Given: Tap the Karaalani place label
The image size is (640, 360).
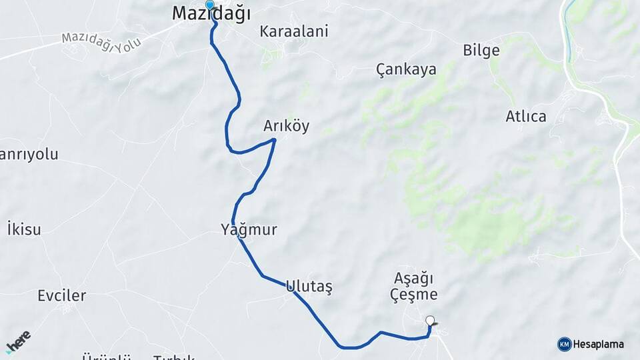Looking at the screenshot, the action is click(x=294, y=31).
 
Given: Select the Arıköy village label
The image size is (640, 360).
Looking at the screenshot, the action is click(x=287, y=127).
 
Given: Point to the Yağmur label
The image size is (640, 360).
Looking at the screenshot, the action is click(x=249, y=230).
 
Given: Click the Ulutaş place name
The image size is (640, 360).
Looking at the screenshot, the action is click(x=309, y=287).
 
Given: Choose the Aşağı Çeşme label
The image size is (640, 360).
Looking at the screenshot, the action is click(x=415, y=286).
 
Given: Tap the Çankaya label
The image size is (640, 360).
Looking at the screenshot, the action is click(x=406, y=69).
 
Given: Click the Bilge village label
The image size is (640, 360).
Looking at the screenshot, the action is click(x=481, y=51).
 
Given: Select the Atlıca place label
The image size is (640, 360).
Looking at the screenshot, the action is click(x=526, y=117).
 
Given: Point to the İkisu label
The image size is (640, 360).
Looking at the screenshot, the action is click(x=24, y=230).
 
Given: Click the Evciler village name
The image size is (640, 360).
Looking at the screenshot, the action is click(x=62, y=295).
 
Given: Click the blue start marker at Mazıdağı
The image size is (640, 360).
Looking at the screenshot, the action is click(x=210, y=5).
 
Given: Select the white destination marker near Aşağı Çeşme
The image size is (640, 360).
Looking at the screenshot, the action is click(x=430, y=321).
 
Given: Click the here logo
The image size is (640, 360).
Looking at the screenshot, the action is click(x=18, y=341).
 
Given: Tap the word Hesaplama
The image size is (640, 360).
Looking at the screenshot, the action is click(x=599, y=345).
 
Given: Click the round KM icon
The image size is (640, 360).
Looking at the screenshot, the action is click(x=565, y=344).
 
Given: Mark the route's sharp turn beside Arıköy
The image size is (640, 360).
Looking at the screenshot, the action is click(x=274, y=139).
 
